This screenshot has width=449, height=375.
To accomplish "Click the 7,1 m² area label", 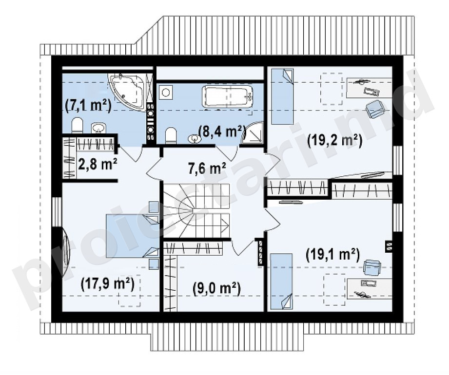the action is point(88,106).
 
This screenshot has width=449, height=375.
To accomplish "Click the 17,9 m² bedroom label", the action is point(108,284).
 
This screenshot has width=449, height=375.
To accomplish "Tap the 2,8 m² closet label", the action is point(98,165).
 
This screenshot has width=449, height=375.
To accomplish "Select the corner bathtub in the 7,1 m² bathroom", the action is point(126,90).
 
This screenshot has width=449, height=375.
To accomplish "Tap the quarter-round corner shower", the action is point(252,132).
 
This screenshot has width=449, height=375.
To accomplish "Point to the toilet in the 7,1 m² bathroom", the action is point(77,125).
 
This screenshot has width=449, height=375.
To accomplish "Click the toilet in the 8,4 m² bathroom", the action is point(171,135).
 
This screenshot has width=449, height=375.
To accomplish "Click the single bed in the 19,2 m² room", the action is point(282,96).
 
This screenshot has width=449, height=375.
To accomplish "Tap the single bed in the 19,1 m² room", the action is point(282,281).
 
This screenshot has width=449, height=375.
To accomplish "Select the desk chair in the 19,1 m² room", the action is point(372,267).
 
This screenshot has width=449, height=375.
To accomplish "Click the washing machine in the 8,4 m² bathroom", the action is point(165,92).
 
